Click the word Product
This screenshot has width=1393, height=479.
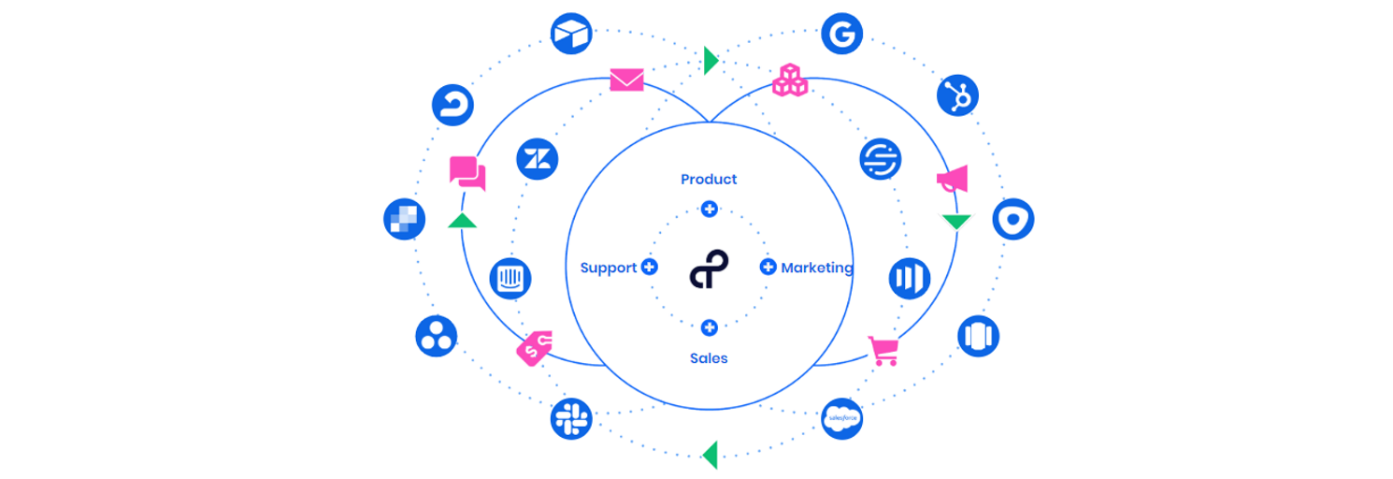709,179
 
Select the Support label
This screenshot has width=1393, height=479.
608,268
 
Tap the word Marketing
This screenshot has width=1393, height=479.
816,268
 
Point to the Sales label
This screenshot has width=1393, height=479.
709,357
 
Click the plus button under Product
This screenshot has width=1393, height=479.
710,209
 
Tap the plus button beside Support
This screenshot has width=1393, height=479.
650,268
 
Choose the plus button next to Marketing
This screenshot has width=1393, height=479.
768,268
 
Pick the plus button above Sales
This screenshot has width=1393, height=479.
710,327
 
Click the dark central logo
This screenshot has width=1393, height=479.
709,269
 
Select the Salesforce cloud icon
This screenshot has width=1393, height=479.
842,418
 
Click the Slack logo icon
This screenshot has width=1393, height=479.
570,418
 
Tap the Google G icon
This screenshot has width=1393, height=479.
842,34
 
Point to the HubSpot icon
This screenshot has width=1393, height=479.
958,94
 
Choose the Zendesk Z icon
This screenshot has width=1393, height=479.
538,158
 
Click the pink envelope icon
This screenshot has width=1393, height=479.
626,80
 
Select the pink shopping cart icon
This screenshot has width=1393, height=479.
883,351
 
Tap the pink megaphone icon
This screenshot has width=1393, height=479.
952,181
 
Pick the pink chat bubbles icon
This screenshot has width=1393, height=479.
467,173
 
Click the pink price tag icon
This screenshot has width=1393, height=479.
535,349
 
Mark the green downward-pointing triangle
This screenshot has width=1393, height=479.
956,223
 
